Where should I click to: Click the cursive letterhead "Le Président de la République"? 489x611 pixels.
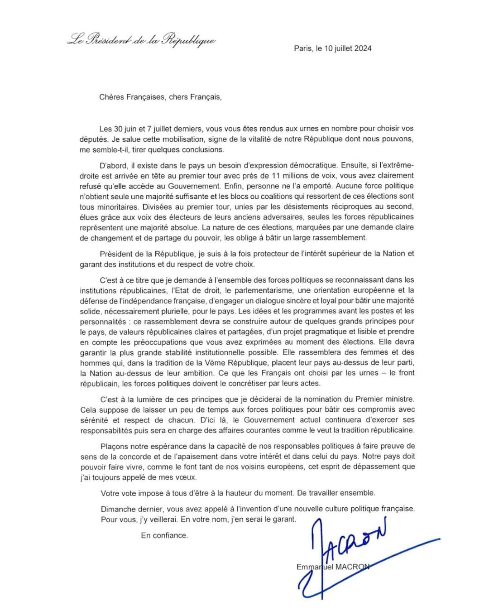click(141, 40)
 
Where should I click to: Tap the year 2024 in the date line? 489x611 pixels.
click(363, 48)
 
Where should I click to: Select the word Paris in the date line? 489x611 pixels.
click(303, 48)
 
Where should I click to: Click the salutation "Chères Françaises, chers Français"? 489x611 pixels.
click(160, 97)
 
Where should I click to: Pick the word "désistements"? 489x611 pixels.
click(298, 207)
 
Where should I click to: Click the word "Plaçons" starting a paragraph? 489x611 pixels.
click(115, 446)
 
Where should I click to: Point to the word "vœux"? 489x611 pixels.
click(187, 477)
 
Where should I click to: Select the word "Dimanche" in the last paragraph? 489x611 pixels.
click(117, 509)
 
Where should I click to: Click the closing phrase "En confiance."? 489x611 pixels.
click(164, 535)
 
